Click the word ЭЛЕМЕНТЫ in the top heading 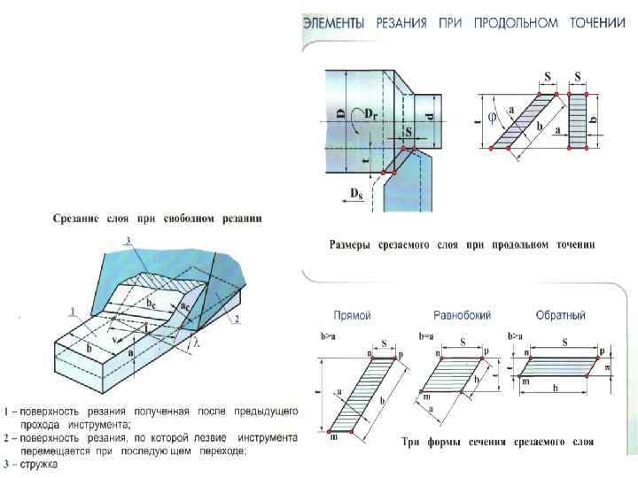point(334,24)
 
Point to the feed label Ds point(355,192)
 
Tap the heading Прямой point(351,316)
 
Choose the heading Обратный point(561,316)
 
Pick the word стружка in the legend point(38,465)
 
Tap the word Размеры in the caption point(354,243)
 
